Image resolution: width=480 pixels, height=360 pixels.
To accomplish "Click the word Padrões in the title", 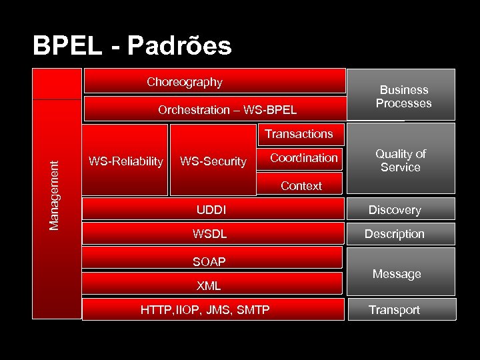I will pyautogui.click(x=179, y=46).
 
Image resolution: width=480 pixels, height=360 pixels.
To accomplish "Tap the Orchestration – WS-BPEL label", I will pyautogui.click(x=227, y=110).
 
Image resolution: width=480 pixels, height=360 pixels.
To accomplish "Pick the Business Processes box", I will pyautogui.click(x=403, y=96).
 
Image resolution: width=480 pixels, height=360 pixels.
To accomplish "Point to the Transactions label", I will pyautogui.click(x=299, y=134).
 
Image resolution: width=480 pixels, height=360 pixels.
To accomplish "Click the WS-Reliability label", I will pyautogui.click(x=125, y=161).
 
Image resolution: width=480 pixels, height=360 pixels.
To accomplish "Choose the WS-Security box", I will pyautogui.click(x=213, y=161).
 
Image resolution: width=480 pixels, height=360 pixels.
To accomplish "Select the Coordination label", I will pyautogui.click(x=304, y=158).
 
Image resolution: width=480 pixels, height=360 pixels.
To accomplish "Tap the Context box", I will pyautogui.click(x=301, y=186).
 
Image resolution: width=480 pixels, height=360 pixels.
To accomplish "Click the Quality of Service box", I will pyautogui.click(x=401, y=161).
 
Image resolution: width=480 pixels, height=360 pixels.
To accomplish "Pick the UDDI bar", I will pyautogui.click(x=211, y=210).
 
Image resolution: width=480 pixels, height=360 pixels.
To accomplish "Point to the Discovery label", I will pyautogui.click(x=395, y=210).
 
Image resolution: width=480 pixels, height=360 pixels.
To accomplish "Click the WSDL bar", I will pyautogui.click(x=209, y=235).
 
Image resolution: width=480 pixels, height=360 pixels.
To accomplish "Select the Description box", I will pyautogui.click(x=394, y=234).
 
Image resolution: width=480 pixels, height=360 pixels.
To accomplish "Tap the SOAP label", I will pyautogui.click(x=209, y=262).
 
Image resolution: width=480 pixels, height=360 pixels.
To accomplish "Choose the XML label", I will pyautogui.click(x=209, y=286).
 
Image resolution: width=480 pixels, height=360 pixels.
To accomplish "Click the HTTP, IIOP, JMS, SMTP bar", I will pyautogui.click(x=205, y=310).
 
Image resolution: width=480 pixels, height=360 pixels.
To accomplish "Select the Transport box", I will pyautogui.click(x=394, y=310).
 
